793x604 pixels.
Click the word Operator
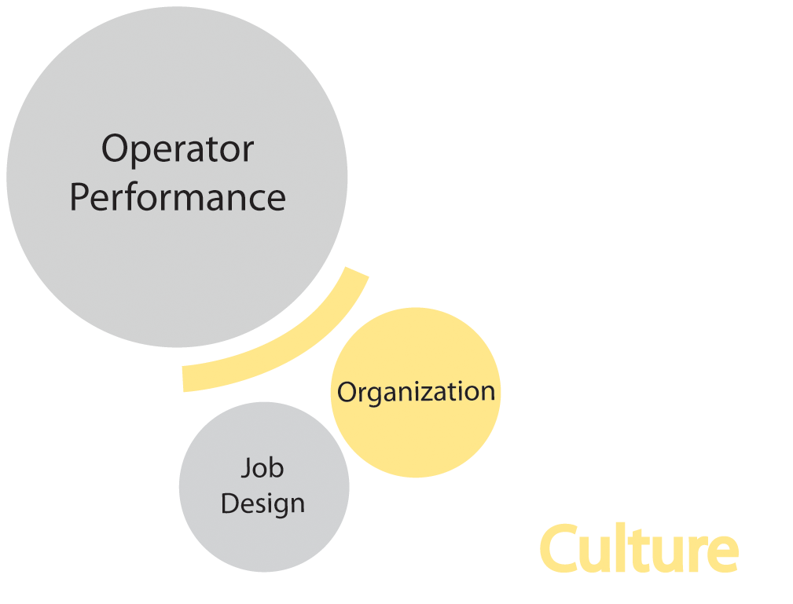coord(178,149)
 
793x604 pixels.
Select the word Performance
coord(178,197)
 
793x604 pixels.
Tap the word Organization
coord(416,392)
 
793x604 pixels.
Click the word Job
coord(262,468)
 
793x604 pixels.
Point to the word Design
coord(262,503)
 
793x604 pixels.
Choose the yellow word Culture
coord(638,550)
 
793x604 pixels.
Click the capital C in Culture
coord(561,550)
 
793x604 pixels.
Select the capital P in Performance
coord(80,197)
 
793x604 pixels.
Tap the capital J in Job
coord(247,468)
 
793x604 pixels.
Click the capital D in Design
coord(231,503)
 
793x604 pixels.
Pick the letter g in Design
coord(277,507)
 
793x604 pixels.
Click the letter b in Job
coord(277,468)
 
